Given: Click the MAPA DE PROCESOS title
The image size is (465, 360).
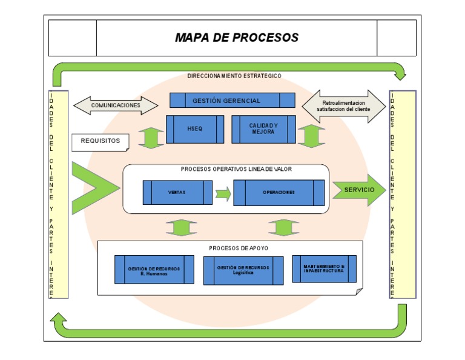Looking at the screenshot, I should [237, 38].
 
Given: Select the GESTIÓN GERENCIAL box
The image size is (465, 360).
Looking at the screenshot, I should [232, 101].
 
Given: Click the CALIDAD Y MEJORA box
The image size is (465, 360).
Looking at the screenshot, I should [263, 129].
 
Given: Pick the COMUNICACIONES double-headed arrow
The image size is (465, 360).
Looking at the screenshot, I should [116, 105].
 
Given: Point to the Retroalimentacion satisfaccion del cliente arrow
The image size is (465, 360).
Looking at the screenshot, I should [343, 106].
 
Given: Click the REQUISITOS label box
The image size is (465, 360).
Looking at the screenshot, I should [101, 141].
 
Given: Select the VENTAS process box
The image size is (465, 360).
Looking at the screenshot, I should [177, 192].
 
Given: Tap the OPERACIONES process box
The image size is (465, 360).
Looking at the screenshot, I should [279, 192].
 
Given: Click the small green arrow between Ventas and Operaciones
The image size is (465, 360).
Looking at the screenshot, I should [223, 194].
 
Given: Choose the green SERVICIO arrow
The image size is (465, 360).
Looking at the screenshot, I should [359, 190].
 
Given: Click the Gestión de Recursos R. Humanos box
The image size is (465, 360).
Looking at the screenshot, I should [154, 270].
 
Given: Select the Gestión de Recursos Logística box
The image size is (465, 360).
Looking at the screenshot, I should [243, 270].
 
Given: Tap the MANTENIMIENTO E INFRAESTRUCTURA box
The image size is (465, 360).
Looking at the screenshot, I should [324, 268].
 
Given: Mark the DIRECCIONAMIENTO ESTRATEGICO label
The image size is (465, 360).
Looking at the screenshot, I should [234, 76].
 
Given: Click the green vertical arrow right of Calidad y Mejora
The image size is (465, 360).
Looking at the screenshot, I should [311, 136].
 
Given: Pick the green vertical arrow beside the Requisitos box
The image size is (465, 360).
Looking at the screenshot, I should [151, 138].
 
